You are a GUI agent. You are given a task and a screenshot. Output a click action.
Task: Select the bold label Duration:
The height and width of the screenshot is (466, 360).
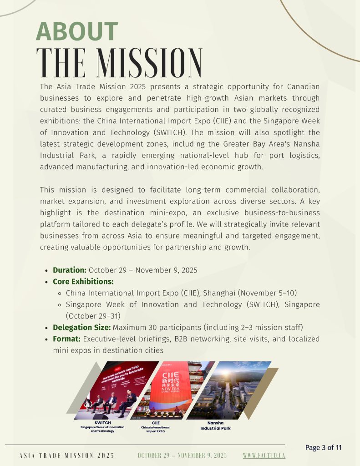tap(69, 270)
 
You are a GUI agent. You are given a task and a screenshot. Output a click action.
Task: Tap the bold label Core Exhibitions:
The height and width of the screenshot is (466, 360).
tap(83, 281)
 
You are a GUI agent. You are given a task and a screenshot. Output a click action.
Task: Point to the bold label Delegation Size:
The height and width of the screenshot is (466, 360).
tap(81, 327)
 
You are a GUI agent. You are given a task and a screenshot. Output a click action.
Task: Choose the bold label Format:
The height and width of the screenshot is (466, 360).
tap(66, 339)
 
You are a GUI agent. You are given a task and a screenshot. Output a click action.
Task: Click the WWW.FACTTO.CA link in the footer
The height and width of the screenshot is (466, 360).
tap(264, 456)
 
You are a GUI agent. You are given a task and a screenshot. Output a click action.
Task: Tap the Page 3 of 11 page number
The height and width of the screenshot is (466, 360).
tap(323, 447)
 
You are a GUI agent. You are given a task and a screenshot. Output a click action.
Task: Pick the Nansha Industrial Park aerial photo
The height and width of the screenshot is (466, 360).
tap(228, 390)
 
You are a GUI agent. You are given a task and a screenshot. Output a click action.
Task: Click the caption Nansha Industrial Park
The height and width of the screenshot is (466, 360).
tap(215, 425)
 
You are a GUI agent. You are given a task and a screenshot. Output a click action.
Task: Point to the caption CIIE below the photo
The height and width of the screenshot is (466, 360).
tap(156, 423)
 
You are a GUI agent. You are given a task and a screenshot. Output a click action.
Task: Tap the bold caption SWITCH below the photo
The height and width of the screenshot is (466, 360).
tap(102, 423)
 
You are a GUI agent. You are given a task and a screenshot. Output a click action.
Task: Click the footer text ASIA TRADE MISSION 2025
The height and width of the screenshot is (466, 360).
tap(67, 456)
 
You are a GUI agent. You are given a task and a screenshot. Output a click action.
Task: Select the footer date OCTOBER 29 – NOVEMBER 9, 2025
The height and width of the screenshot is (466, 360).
tap(182, 456)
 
